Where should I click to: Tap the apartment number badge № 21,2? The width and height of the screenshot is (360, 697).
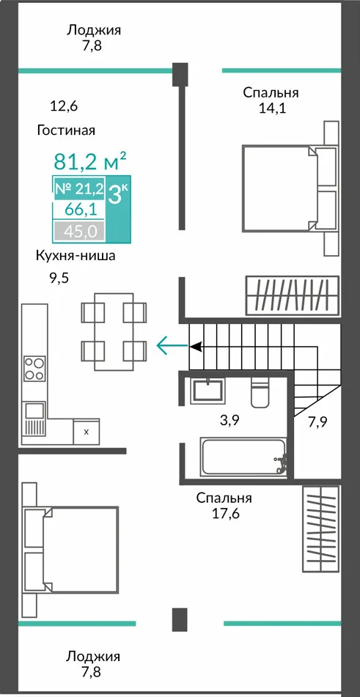79,189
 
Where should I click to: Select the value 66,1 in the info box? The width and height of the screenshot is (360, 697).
79,209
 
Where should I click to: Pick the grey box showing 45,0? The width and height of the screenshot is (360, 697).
79,231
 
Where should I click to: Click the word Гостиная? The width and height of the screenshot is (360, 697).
66,130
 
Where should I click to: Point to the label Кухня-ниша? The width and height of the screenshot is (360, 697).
76,257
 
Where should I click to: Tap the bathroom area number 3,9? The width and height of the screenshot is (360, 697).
230,420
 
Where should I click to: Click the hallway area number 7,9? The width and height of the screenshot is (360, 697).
318,421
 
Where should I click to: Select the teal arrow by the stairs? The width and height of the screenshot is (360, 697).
172,345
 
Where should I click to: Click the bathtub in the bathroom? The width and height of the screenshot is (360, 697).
243,457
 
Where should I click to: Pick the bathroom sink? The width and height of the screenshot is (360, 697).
208,391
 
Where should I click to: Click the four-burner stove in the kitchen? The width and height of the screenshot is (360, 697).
34,369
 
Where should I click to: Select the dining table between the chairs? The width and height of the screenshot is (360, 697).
114,331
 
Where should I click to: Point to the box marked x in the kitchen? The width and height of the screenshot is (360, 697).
87,432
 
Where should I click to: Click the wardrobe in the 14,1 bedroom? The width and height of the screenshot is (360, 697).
293,295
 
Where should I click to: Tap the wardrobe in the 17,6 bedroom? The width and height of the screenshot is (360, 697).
321,529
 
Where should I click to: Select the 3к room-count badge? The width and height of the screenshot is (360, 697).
118,195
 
